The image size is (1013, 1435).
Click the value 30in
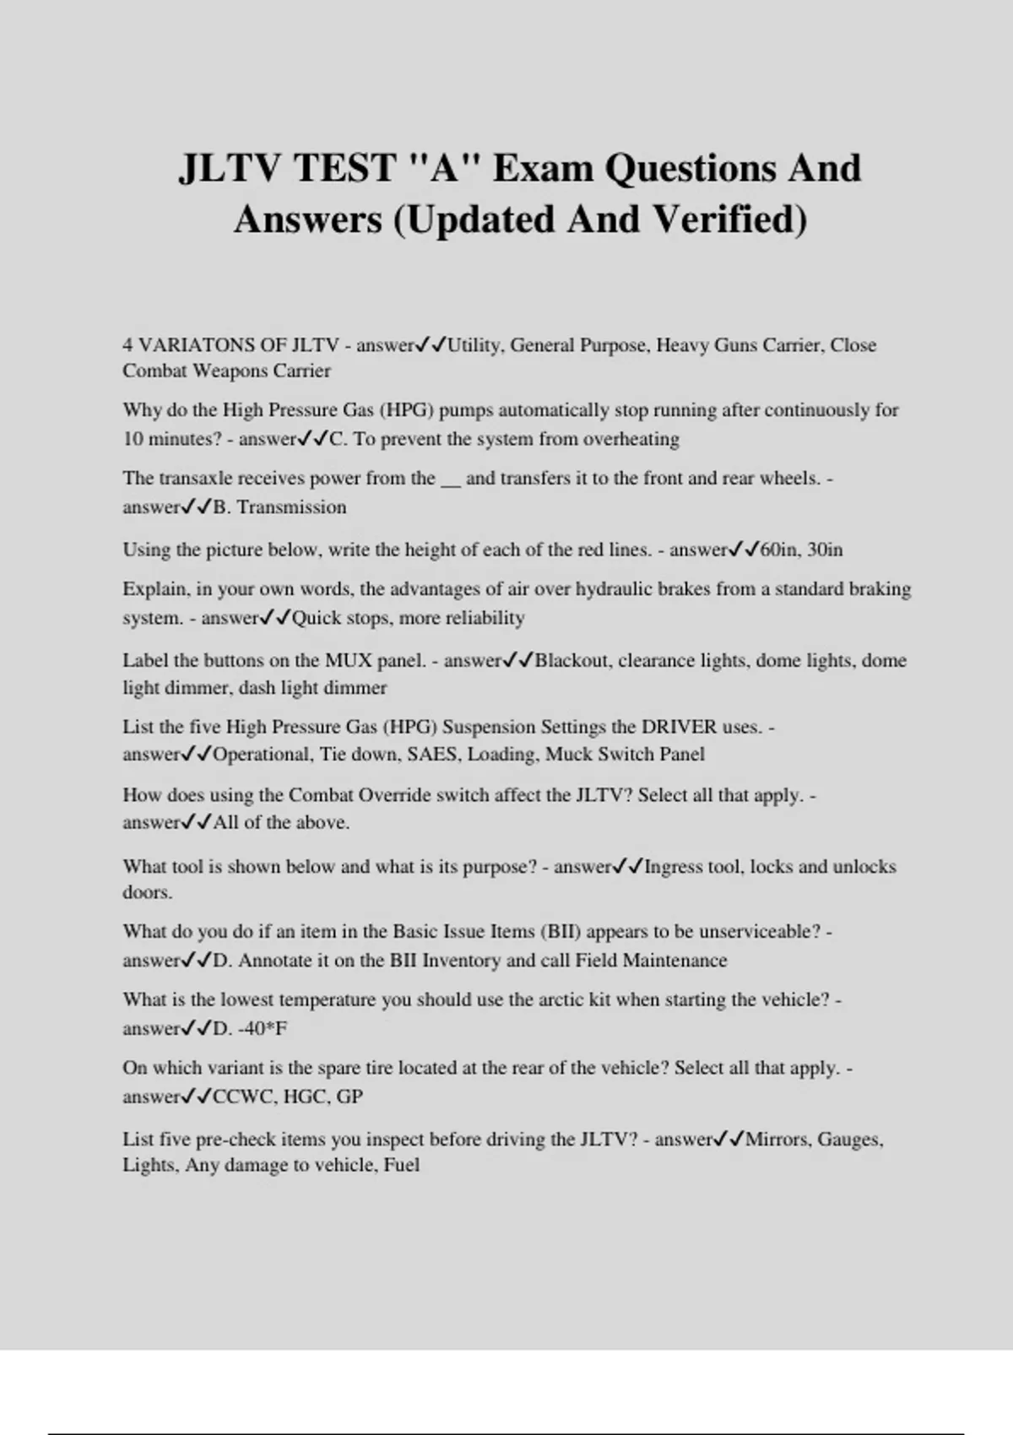(x=825, y=550)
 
